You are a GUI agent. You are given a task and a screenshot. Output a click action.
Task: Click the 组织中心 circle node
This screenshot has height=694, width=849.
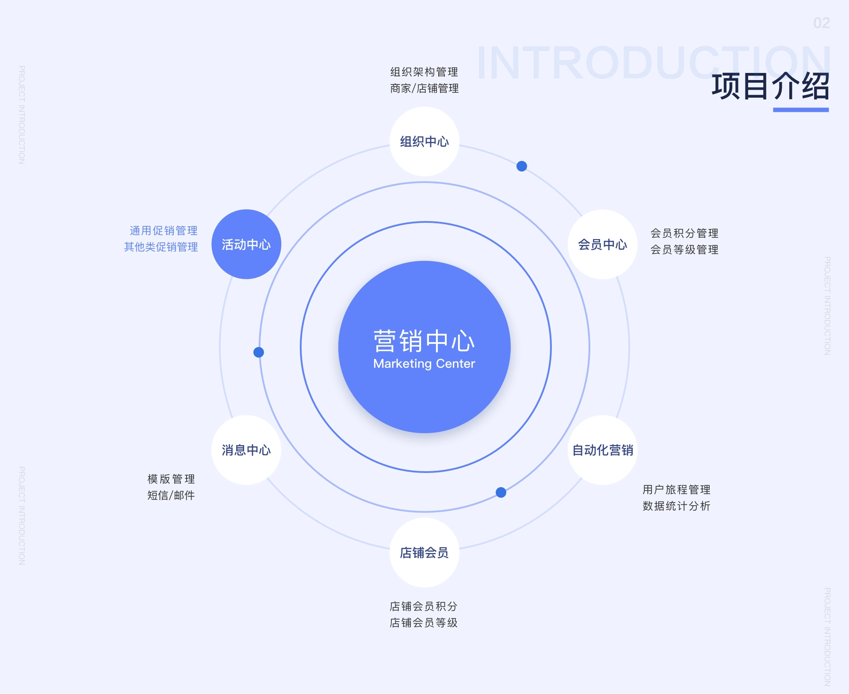(424, 141)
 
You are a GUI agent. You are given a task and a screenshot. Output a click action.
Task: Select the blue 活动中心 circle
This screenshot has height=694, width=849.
(246, 244)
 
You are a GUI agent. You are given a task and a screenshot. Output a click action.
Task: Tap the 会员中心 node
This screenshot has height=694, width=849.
(602, 244)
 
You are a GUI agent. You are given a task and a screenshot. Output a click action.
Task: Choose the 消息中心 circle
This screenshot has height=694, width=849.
(246, 450)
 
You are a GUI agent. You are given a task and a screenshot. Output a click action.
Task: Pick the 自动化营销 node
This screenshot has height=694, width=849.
(602, 450)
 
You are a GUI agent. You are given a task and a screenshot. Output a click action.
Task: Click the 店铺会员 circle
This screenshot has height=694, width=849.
(424, 553)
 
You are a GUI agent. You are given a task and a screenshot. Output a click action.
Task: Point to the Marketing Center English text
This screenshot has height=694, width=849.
(424, 363)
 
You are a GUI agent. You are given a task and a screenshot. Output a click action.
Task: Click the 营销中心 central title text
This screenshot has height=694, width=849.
(424, 341)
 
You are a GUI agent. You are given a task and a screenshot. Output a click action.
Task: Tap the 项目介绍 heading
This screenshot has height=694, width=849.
(770, 86)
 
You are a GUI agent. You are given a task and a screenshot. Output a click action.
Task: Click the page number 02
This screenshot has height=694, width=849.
(822, 23)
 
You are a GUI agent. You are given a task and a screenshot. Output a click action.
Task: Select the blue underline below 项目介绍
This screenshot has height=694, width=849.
(801, 110)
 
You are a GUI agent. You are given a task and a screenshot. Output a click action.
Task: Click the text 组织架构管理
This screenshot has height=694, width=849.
(424, 72)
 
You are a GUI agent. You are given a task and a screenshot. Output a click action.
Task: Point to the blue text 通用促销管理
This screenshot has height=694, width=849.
(164, 231)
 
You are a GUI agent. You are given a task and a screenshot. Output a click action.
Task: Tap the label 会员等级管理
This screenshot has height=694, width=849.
(684, 250)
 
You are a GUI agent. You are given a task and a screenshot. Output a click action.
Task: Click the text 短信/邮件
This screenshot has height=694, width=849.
(171, 496)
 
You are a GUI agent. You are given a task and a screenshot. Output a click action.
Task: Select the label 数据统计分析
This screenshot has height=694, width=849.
(676, 506)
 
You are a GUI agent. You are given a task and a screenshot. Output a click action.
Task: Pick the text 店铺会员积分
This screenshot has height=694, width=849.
(424, 606)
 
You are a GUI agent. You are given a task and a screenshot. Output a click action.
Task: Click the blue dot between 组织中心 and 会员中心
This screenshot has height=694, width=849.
(522, 166)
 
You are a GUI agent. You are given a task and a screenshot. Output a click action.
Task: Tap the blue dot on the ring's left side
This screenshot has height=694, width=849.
(259, 352)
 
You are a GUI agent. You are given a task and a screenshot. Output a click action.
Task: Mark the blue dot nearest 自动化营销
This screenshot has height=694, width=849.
(501, 492)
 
